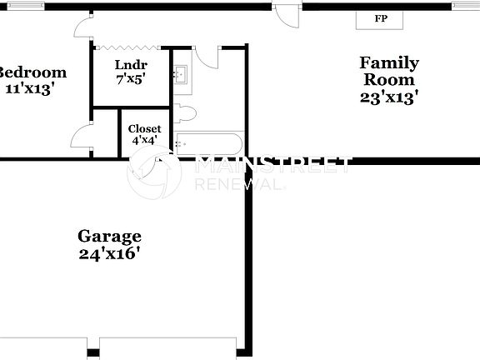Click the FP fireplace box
click(380, 18)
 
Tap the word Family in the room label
click(388, 62)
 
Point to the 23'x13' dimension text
click(388, 97)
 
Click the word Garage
click(109, 236)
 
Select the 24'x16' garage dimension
click(109, 253)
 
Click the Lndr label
click(131, 65)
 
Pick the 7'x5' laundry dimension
click(131, 80)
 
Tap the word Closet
click(144, 129)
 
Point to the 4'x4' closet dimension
click(144, 142)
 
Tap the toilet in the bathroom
click(184, 113)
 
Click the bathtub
click(208, 142)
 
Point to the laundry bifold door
click(132, 47)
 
